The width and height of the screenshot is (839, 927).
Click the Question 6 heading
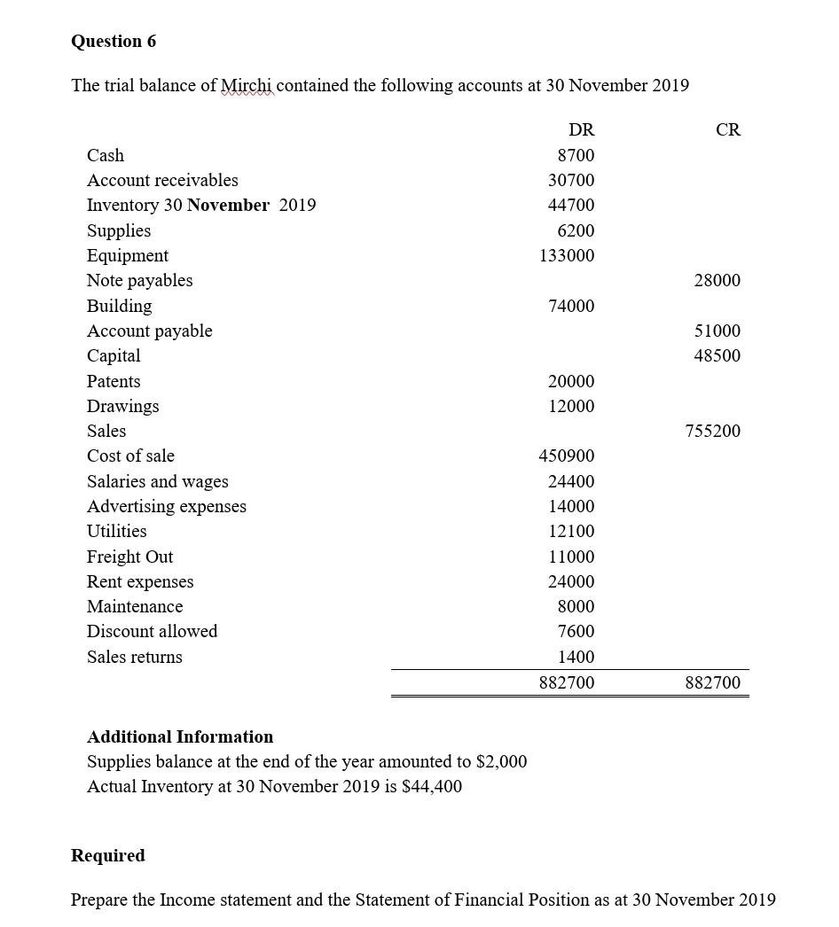(x=114, y=42)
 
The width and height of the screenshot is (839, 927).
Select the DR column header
(x=581, y=130)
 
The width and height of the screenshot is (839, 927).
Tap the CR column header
(x=727, y=130)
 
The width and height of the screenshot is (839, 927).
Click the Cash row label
(x=106, y=155)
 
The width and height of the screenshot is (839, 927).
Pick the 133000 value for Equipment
(x=567, y=255)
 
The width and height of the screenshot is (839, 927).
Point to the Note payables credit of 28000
(x=717, y=280)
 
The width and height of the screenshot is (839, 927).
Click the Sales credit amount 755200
(x=712, y=431)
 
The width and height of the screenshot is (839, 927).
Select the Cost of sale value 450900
(x=567, y=456)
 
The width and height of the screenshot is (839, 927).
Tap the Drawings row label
(x=122, y=406)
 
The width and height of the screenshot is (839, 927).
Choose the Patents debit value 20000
(x=571, y=381)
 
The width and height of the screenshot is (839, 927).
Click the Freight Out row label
(x=129, y=557)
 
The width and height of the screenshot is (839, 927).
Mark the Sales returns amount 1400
(x=576, y=657)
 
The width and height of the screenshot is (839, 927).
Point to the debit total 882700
(x=567, y=682)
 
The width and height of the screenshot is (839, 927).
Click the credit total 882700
(x=712, y=682)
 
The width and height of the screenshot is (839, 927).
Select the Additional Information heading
(x=180, y=736)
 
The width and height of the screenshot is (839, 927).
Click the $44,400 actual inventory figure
(x=431, y=786)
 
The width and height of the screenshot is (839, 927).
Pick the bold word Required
(x=108, y=855)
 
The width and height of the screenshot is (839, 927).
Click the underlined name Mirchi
(x=247, y=86)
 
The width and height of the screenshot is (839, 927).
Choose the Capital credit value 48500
(x=717, y=355)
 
